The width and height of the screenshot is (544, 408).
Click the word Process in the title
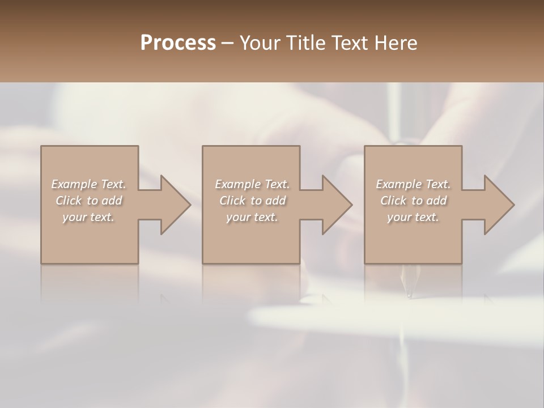178,43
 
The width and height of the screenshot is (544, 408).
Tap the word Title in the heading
305,43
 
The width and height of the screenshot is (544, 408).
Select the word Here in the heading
396,43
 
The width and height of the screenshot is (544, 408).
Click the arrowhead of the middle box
337,205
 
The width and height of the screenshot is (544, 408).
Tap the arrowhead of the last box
499,205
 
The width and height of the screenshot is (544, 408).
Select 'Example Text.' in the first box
89,184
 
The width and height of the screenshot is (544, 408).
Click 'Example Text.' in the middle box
252,184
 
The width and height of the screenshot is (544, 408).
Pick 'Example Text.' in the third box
413,184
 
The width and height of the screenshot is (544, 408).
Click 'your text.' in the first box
89,217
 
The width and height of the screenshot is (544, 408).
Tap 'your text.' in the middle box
252,217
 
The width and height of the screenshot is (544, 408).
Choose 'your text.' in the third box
413,217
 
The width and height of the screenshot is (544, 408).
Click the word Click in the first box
68,201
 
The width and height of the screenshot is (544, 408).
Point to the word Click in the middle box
232,201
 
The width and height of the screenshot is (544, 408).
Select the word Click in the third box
393,201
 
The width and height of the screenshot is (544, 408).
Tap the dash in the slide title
227,43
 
